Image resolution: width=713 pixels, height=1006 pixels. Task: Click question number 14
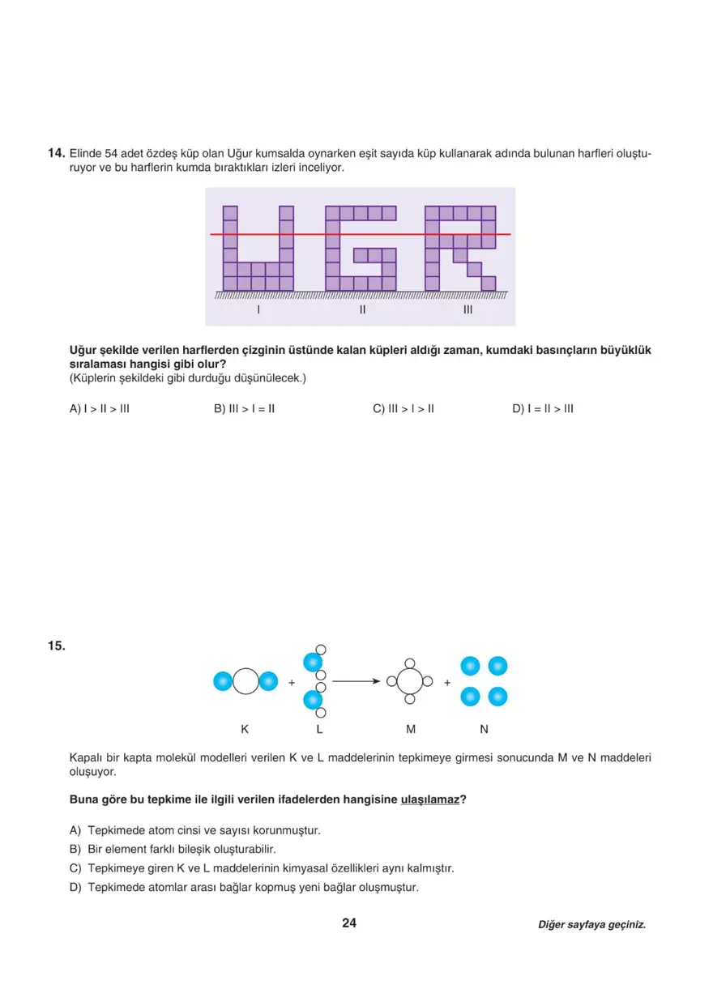[55, 152]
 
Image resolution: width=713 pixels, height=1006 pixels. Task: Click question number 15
[55, 646]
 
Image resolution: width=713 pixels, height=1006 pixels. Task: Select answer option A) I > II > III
[100, 408]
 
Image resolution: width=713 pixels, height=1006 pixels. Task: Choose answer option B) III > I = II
[244, 408]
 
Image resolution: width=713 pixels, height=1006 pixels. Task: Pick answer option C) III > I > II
[403, 408]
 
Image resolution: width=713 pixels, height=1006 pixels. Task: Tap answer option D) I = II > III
[542, 408]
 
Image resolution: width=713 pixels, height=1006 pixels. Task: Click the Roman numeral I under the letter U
[258, 309]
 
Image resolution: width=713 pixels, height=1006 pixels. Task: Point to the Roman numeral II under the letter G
[362, 309]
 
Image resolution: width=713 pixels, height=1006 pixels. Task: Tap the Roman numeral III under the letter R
[468, 309]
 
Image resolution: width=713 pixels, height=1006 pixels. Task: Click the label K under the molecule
[245, 729]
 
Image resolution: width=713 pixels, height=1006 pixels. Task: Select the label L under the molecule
[319, 729]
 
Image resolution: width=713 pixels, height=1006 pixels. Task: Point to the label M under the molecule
[411, 729]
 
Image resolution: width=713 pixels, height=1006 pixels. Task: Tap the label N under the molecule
[484, 729]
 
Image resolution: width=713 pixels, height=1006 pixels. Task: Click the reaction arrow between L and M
[356, 681]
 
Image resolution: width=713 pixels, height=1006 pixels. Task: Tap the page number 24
[349, 923]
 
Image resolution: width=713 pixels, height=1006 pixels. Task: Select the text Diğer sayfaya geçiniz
[591, 925]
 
